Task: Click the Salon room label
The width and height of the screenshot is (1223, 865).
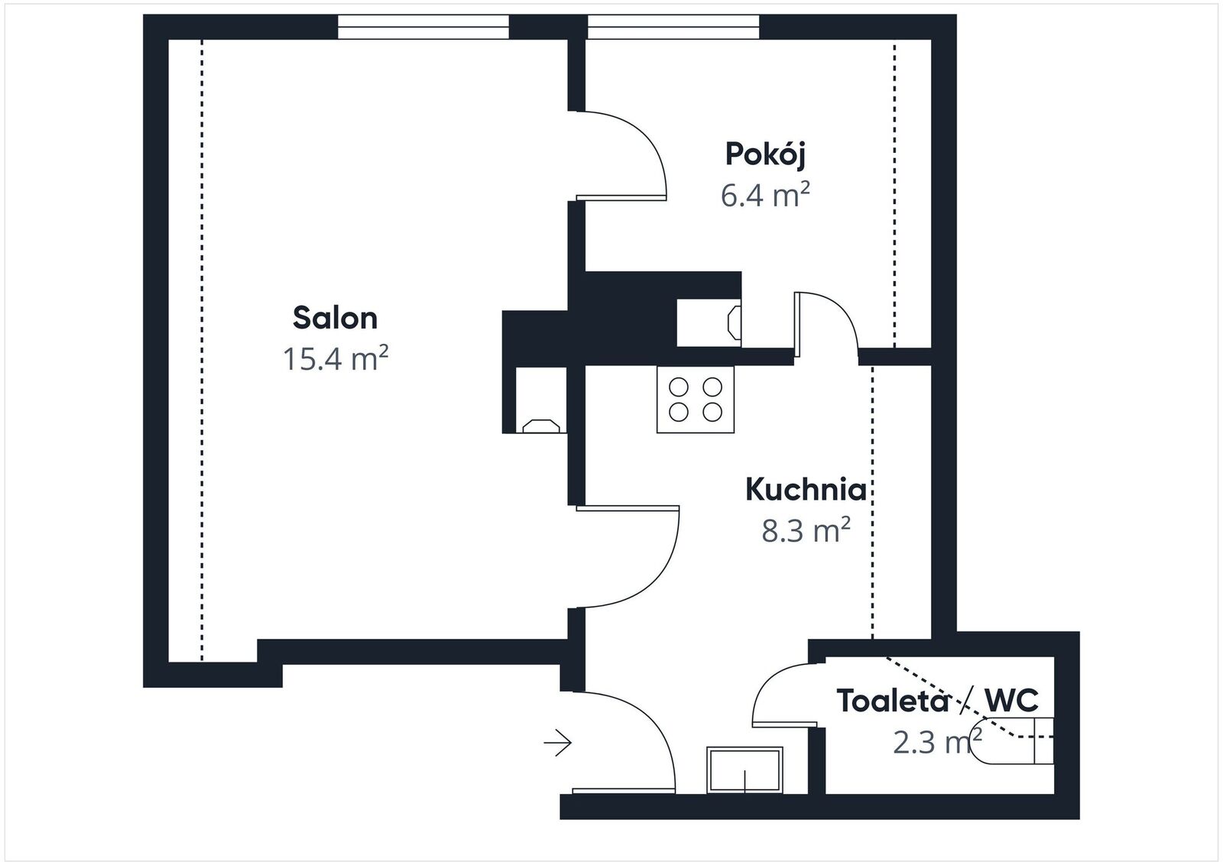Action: [x=335, y=318]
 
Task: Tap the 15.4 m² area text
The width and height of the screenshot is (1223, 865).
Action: [x=336, y=358]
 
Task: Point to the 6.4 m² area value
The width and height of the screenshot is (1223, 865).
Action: [x=765, y=195]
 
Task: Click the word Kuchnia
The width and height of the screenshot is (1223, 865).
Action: [x=806, y=490]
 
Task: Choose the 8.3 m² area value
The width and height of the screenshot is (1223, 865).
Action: [x=806, y=530]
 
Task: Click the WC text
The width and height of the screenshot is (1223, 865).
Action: [x=1011, y=701]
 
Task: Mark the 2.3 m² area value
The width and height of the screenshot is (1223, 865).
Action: [x=937, y=742]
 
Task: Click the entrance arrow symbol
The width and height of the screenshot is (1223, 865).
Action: [x=557, y=743]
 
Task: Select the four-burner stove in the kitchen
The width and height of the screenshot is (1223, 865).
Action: [x=695, y=400]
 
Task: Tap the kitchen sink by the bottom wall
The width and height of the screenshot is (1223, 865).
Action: [x=745, y=770]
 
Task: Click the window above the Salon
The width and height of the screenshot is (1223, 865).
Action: [x=423, y=27]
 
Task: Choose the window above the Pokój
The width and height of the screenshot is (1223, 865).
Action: [x=673, y=27]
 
